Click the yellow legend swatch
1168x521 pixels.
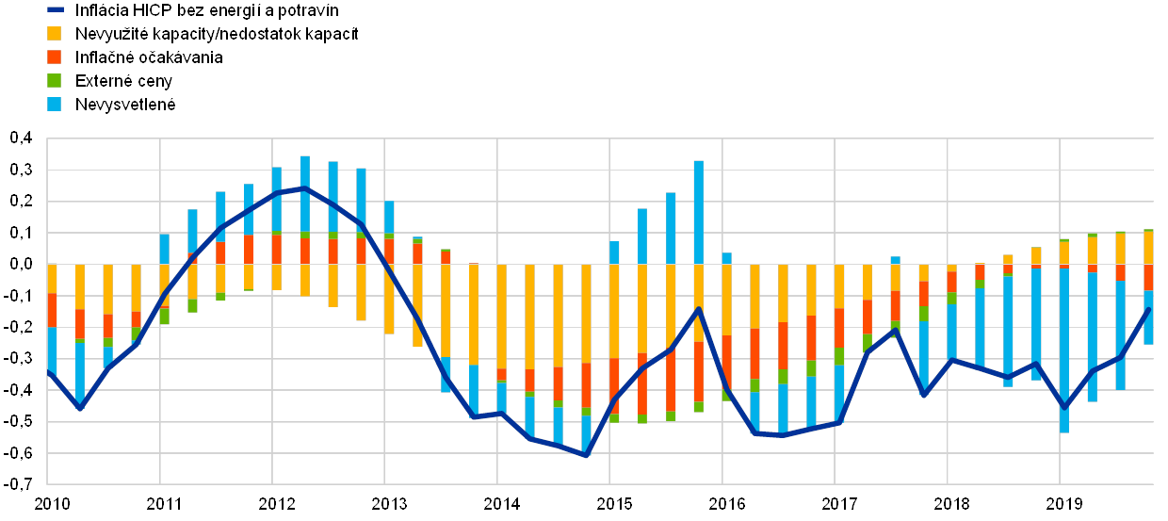tap(55, 34)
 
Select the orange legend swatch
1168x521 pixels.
tap(55, 57)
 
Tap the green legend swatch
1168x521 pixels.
tap(55, 81)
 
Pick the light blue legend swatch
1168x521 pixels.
tap(55, 104)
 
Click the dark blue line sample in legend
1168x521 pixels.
tap(55, 10)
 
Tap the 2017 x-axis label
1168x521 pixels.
tap(838, 503)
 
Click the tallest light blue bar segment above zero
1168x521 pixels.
tap(699, 212)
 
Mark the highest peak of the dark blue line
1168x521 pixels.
tap(304, 187)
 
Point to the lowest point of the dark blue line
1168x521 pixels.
tap(586, 455)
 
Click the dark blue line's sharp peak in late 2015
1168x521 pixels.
tap(699, 308)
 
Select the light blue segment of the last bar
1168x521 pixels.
tap(1148, 317)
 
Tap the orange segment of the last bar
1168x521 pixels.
tap(1148, 277)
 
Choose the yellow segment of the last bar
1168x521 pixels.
tap(1148, 248)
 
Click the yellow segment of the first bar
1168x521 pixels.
tap(52, 278)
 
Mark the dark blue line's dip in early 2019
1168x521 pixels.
tap(1064, 407)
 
